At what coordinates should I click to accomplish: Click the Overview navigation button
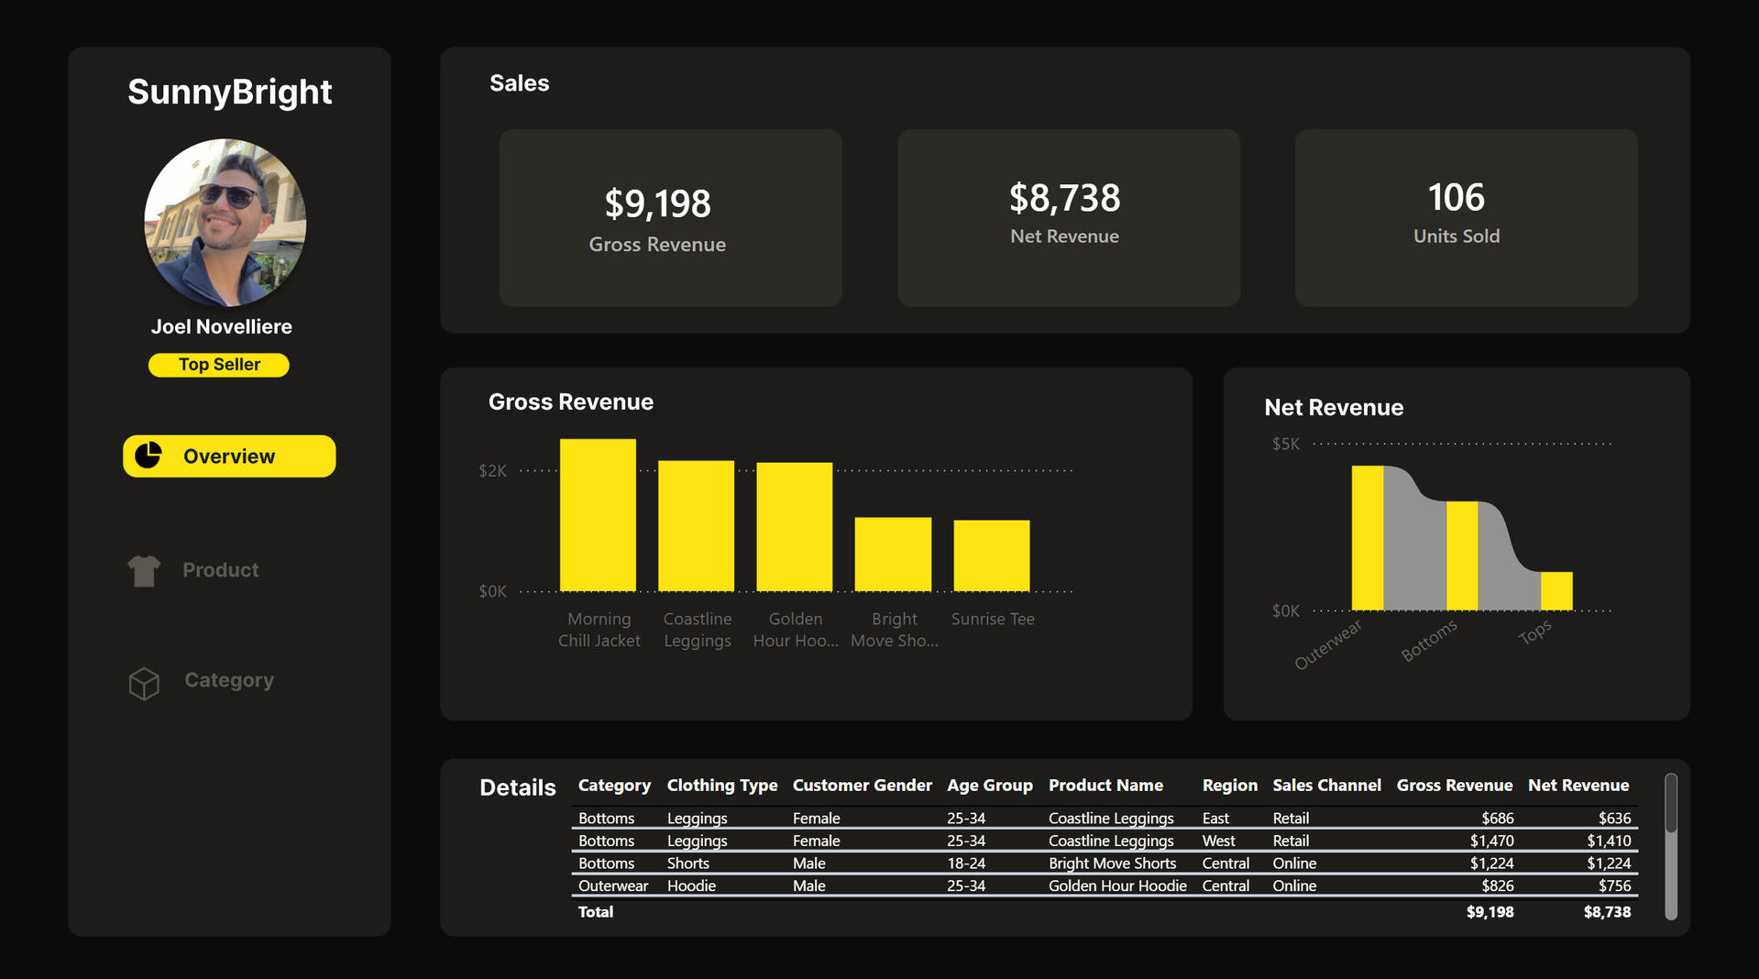(229, 456)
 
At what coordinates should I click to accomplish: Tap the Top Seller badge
(219, 365)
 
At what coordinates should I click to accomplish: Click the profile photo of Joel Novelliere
(225, 223)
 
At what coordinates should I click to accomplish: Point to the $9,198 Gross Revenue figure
(657, 203)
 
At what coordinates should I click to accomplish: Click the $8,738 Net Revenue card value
(1064, 198)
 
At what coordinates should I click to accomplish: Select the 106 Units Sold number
(1456, 197)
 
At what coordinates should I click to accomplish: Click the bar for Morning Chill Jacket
(598, 515)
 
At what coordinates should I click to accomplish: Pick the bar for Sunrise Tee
(992, 555)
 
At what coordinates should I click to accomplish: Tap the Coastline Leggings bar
(696, 526)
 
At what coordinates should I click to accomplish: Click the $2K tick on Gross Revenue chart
(492, 471)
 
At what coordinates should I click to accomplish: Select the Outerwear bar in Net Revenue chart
(1368, 538)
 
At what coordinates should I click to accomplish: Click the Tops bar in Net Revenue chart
(1556, 591)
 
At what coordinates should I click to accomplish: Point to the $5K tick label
(1285, 445)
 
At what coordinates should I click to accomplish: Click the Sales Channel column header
(1326, 786)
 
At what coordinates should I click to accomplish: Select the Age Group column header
(989, 786)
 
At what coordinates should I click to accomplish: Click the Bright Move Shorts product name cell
(1112, 863)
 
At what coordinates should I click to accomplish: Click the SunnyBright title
(229, 92)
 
